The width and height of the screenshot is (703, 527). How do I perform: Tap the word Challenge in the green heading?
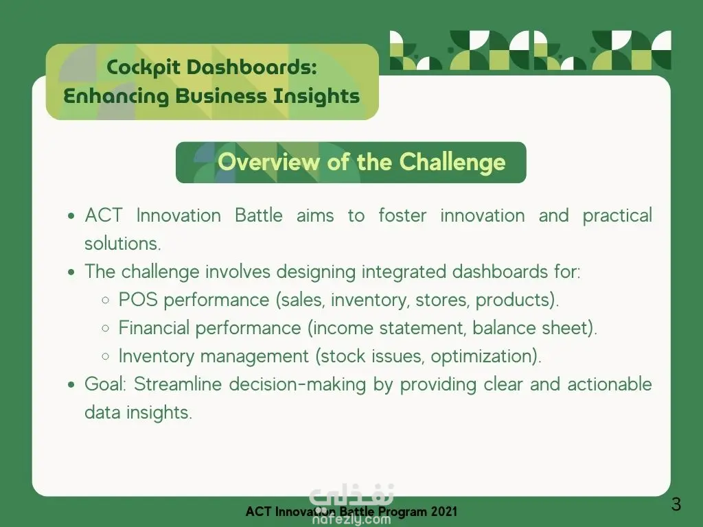coord(452,162)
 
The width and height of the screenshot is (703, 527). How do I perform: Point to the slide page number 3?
coord(676,504)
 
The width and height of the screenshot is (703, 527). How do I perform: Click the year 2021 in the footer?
coord(444,511)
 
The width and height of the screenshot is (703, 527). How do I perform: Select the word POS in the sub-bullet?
coord(138,300)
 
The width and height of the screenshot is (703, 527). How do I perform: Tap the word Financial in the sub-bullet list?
coord(154,327)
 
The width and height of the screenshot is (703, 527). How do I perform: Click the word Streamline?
coord(178,384)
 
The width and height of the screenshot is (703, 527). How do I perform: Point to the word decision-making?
coord(298,385)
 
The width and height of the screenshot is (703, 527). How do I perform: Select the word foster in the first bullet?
coord(402,215)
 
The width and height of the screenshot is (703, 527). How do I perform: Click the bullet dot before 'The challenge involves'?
coord(71,272)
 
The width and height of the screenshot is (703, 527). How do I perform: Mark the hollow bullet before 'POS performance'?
coord(105,301)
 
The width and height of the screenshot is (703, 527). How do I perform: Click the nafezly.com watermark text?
coord(351,519)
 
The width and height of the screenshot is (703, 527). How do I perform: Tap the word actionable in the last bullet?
coord(610,384)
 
